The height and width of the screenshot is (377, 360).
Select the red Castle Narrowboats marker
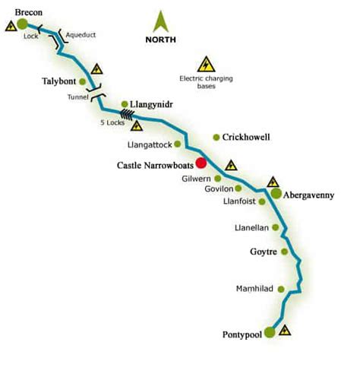coord(201,162)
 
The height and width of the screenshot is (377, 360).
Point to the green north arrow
coord(162,21)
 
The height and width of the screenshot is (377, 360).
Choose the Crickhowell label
coord(247,138)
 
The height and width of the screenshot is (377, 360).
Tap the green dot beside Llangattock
coord(178,143)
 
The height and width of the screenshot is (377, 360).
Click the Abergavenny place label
coord(309,195)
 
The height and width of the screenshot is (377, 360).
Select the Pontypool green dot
coord(270,331)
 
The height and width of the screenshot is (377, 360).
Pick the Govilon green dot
coord(239,188)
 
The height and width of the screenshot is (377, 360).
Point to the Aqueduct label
coord(81,34)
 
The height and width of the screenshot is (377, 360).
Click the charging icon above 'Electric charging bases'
coord(204,64)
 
